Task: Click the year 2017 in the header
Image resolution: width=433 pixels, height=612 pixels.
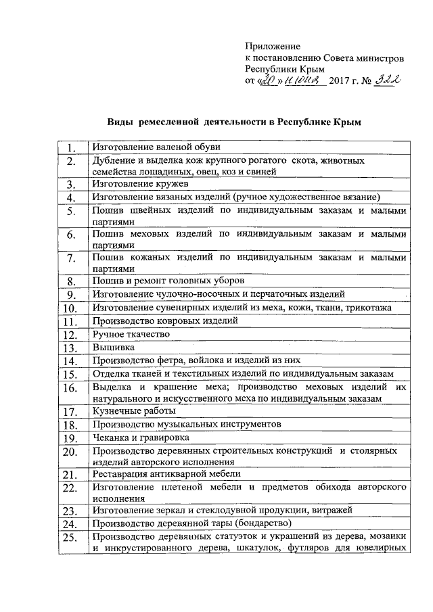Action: (339, 82)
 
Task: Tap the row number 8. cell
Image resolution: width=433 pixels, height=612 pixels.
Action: (70, 281)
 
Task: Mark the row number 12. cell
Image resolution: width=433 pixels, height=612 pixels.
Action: (70, 335)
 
